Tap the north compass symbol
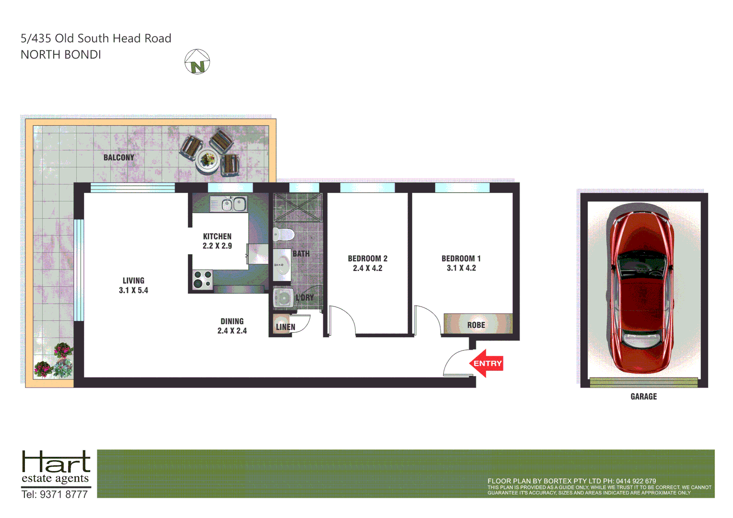point(197,62)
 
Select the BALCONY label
point(118,157)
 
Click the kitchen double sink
point(234,204)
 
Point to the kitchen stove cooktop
point(202,279)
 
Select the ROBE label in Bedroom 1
point(476,325)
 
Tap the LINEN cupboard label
point(285,327)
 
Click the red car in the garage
point(642,288)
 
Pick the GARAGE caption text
point(643,396)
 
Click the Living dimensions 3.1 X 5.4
point(133,290)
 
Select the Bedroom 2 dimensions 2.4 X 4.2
point(367,268)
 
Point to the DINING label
point(232,321)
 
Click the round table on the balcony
point(208,159)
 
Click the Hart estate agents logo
point(56,468)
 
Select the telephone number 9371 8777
point(63,494)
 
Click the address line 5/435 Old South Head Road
point(96,38)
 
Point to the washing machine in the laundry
point(282,298)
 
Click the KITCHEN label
point(217,236)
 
